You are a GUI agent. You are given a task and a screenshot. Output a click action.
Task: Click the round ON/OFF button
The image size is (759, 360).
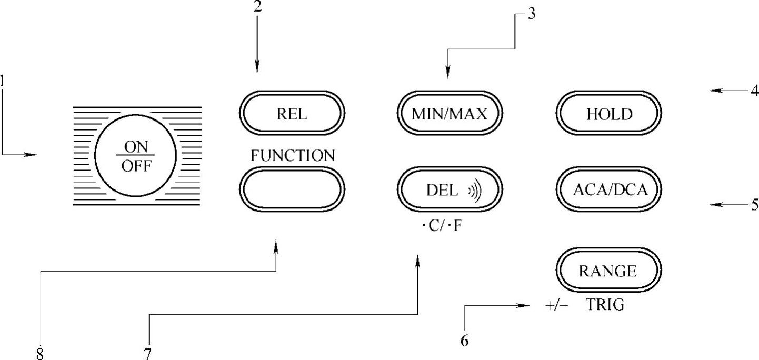pyautogui.click(x=136, y=156)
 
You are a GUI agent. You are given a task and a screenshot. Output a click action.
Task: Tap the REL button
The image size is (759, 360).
pyautogui.click(x=292, y=114)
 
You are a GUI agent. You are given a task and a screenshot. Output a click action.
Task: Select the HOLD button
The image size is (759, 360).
pyautogui.click(x=609, y=114)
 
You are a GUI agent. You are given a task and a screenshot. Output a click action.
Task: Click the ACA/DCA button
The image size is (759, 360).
pyautogui.click(x=610, y=190)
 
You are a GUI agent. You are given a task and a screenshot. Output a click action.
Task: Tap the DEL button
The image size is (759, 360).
pyautogui.click(x=450, y=190)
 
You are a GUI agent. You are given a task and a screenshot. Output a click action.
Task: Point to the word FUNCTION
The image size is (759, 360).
pyautogui.click(x=293, y=155)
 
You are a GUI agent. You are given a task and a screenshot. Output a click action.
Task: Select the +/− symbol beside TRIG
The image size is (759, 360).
pyautogui.click(x=556, y=305)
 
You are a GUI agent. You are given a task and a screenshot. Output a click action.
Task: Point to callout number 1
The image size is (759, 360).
pyautogui.click(x=3, y=82)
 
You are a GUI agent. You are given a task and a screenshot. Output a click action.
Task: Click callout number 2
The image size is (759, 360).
pyautogui.click(x=257, y=7)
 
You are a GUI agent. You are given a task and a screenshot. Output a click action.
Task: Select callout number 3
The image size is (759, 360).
pyautogui.click(x=532, y=14)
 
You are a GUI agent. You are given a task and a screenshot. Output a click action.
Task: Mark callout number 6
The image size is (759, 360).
pyautogui.click(x=464, y=341)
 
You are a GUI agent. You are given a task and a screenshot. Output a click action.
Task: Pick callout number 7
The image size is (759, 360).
pyautogui.click(x=149, y=354)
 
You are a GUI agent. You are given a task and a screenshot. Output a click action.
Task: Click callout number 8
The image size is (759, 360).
pyautogui.click(x=40, y=354)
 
